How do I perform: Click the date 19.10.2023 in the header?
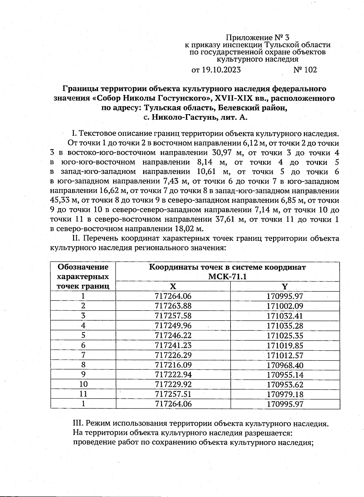click(x=221, y=70)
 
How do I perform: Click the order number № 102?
click(x=305, y=70)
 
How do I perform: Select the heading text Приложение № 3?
click(x=258, y=38)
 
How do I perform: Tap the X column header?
click(x=173, y=287)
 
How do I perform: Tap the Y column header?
click(x=285, y=287)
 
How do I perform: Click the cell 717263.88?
click(x=173, y=306)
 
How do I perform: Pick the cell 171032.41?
click(x=285, y=316)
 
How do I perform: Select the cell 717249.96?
click(x=173, y=326)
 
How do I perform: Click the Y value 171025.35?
click(x=285, y=336)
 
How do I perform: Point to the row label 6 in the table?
click(x=83, y=346)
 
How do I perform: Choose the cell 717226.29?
click(x=173, y=355)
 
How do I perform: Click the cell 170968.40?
click(x=285, y=365)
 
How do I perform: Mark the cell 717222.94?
click(x=173, y=375)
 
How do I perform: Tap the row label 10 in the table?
click(x=83, y=384)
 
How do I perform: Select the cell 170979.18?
click(x=285, y=394)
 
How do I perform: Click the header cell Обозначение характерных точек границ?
click(x=83, y=276)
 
